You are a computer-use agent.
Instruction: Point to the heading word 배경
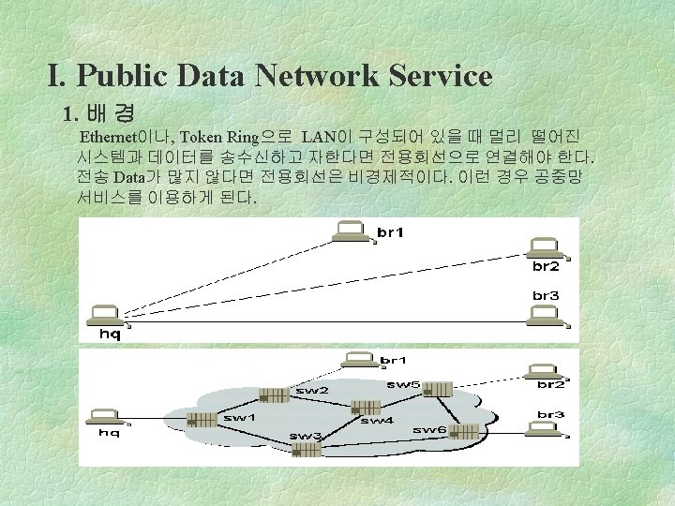point(109,116)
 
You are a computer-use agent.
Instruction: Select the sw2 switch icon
point(275,394)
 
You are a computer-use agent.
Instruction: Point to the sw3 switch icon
point(307,450)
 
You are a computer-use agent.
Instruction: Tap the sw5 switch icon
point(436,389)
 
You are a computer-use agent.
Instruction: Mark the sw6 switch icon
point(463,432)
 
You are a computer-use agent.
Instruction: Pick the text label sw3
point(305,437)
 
